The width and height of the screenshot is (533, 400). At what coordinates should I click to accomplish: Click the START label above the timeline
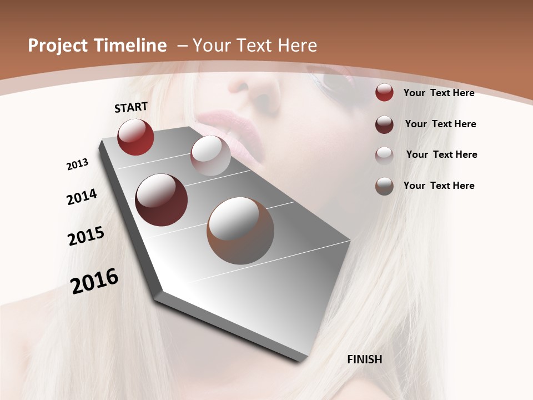(131, 107)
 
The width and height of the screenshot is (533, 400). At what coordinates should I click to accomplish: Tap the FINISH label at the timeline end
(364, 359)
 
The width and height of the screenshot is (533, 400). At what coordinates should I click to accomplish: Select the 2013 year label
(78, 164)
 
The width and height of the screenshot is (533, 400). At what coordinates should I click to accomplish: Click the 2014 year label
(82, 197)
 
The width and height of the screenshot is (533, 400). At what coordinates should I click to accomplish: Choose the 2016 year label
(94, 281)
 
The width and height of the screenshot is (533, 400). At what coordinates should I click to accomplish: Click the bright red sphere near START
(135, 137)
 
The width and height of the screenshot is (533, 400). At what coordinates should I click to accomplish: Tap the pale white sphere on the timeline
(210, 156)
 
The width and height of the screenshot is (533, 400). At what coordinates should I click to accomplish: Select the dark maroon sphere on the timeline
(161, 200)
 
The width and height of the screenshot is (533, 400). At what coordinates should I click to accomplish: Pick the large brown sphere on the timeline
(240, 231)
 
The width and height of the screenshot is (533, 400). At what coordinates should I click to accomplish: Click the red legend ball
(384, 92)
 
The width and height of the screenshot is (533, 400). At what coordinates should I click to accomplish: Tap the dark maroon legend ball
(384, 124)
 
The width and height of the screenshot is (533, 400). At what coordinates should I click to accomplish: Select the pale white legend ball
(384, 155)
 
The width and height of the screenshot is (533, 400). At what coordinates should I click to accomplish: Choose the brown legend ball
(384, 186)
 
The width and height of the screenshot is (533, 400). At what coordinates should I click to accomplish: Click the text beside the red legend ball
(439, 93)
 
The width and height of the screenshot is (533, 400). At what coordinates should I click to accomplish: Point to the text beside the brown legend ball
(439, 186)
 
